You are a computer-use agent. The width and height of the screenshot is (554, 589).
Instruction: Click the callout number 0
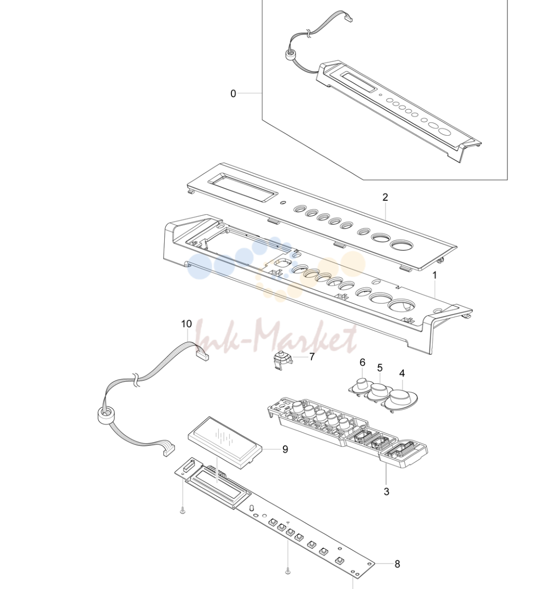point(233,93)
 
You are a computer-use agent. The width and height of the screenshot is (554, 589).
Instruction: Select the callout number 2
point(385,197)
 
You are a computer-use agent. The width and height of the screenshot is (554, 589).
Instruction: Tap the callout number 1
point(435,275)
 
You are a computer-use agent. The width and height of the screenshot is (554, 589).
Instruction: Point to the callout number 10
point(186,324)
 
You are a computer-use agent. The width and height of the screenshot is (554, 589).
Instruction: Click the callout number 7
point(312,356)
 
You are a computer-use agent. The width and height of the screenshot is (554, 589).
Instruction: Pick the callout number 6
point(362,363)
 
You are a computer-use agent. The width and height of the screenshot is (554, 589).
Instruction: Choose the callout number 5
point(380,368)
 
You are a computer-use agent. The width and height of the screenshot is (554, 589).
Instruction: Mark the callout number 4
point(402,373)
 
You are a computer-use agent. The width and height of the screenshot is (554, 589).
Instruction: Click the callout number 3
point(387,491)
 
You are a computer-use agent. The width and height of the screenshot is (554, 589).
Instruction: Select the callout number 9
point(285,449)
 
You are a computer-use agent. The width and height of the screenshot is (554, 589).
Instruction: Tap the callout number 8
point(397,564)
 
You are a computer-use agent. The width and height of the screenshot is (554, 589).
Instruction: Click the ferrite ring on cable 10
point(105,417)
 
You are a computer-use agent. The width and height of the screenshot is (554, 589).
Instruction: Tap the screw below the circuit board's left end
point(183,509)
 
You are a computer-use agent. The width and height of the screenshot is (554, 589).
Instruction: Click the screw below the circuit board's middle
point(288,572)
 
